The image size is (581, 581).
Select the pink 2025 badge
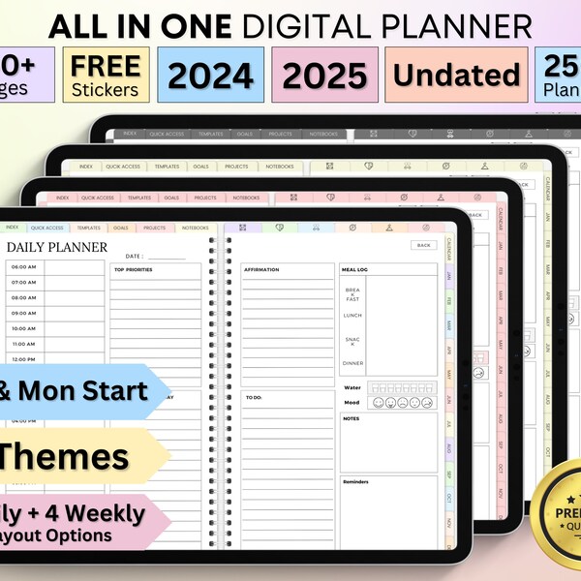tap(324, 75)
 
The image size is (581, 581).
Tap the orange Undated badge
tap(457, 75)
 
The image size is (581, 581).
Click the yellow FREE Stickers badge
tap(107, 75)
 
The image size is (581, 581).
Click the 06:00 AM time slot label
tap(24, 267)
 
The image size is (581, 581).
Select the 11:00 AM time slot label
tap(24, 344)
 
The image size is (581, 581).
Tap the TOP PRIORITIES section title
tap(134, 270)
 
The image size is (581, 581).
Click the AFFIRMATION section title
tap(261, 269)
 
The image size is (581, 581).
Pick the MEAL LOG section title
tap(354, 269)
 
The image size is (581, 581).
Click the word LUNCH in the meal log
tap(352, 316)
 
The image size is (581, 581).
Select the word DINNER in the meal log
tap(352, 363)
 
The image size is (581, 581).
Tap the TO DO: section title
tap(255, 397)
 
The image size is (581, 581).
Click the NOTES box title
tap(351, 418)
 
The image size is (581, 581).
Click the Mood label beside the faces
tap(352, 402)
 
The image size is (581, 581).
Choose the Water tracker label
tap(352, 387)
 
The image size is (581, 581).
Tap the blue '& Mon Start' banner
tap(73, 391)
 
